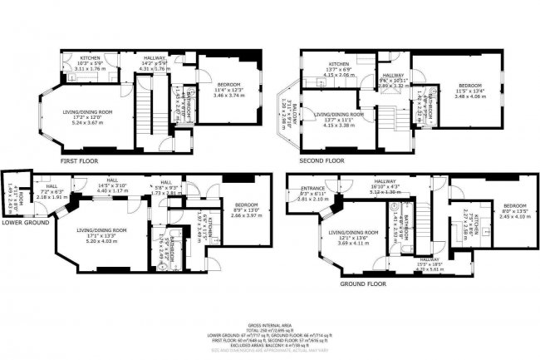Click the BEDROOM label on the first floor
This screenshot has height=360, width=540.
(x=223, y=86)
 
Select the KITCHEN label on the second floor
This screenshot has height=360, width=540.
(x=336, y=64)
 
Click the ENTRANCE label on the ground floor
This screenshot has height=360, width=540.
(x=311, y=188)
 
